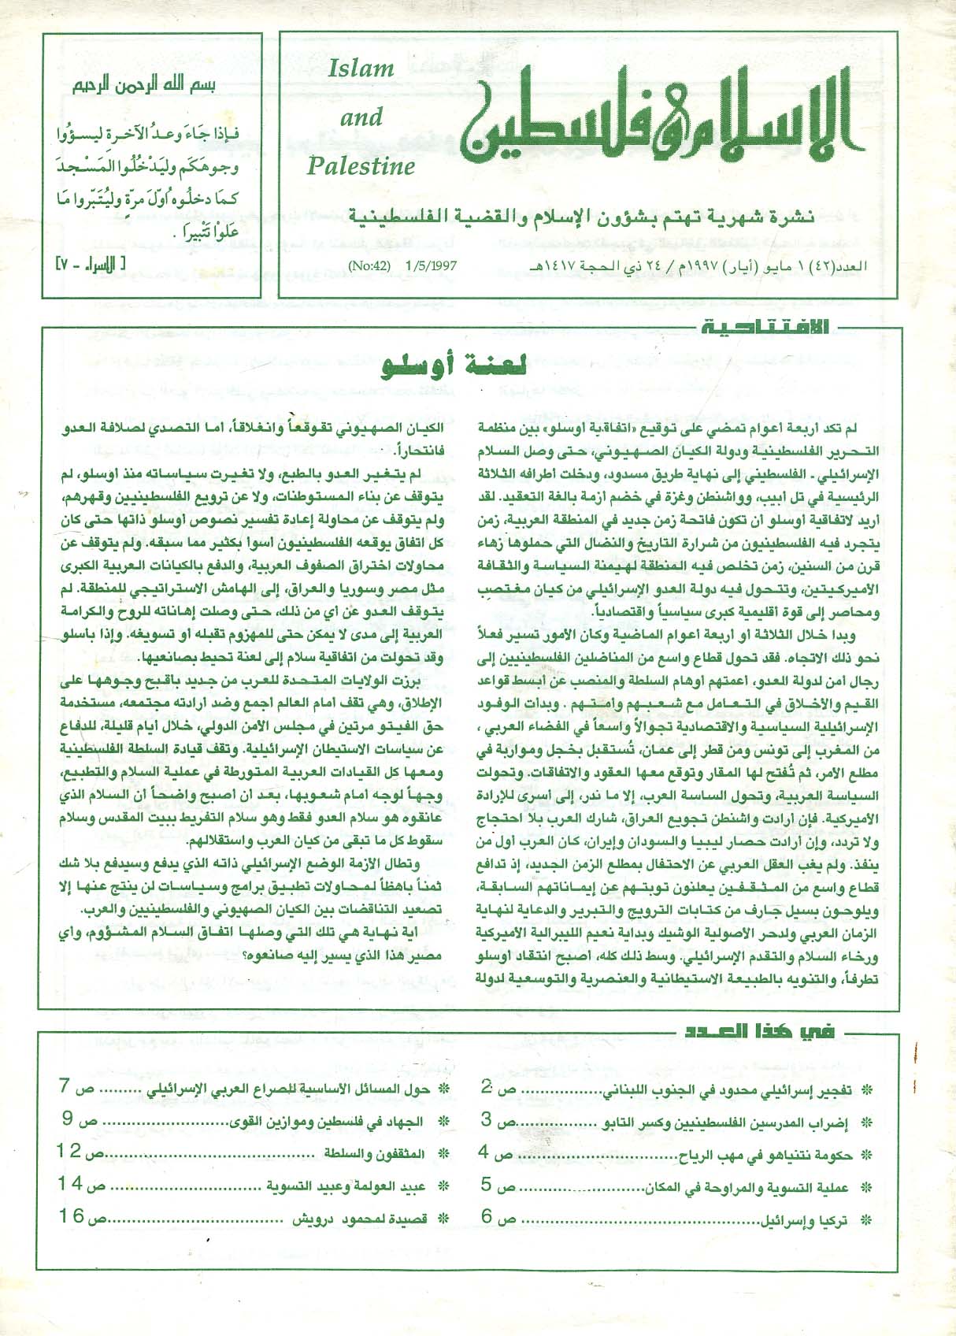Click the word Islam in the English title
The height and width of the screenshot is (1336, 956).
(x=361, y=69)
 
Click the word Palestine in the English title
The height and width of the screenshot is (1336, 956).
(x=361, y=166)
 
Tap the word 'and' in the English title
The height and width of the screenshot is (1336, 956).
(x=361, y=118)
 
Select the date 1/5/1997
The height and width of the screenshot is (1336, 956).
(x=431, y=267)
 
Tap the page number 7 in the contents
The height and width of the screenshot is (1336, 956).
(x=66, y=1086)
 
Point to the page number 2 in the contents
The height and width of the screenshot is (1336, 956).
(x=488, y=1086)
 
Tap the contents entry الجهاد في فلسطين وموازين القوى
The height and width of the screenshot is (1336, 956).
(x=324, y=1122)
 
